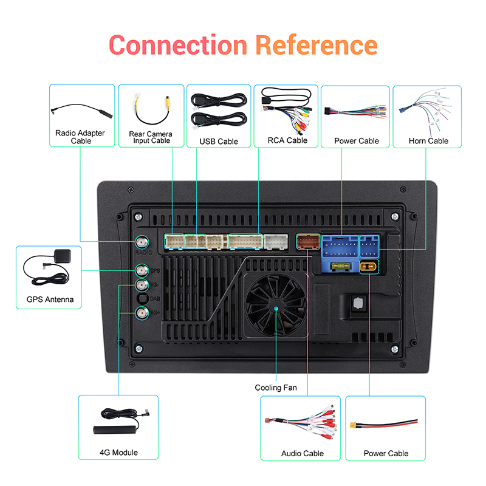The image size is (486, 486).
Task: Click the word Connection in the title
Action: pyautogui.click(x=178, y=45)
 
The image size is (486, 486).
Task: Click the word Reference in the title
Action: pyautogui.click(x=316, y=45)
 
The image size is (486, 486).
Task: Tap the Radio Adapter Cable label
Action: pyautogui.click(x=80, y=137)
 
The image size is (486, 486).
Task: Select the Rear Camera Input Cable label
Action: pyautogui.click(x=151, y=137)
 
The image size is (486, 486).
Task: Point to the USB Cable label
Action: pyautogui.click(x=219, y=142)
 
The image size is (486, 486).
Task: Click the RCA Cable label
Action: pyautogui.click(x=287, y=140)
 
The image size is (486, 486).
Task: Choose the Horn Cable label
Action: pyautogui.click(x=428, y=141)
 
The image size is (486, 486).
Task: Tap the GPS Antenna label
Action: pyautogui.click(x=50, y=299)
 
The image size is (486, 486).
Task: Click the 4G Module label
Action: pyautogui.click(x=118, y=453)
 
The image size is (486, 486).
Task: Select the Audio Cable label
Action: pyautogui.click(x=303, y=453)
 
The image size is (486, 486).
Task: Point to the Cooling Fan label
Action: pyautogui.click(x=276, y=388)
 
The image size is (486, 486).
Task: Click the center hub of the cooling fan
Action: pyautogui.click(x=275, y=309)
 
